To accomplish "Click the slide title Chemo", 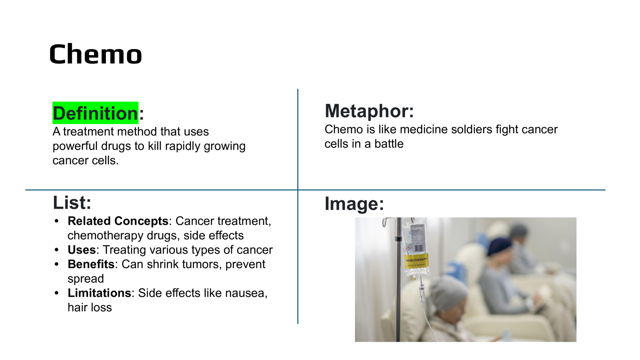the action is tap(95, 54).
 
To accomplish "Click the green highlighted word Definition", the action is tap(95, 113).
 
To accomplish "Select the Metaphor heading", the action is tap(369, 111).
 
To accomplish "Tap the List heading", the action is tap(72, 202).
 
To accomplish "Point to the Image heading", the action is tap(354, 204).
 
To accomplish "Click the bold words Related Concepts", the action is tap(118, 221).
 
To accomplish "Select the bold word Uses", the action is tap(82, 250).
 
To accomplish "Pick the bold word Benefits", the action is tap(91, 264).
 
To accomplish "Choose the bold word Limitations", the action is tap(99, 293).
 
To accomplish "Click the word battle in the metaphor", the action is tap(389, 144).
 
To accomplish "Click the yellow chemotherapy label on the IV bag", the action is tap(417, 260).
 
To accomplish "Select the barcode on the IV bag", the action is tap(419, 248).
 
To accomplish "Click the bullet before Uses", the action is tap(56, 250).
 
